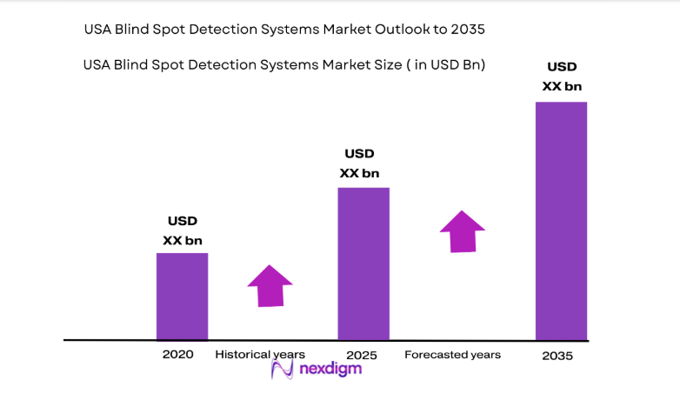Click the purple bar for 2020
(182, 296)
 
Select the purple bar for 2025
(363, 263)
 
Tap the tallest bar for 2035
(561, 221)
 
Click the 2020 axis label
(177, 355)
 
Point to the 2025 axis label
(361, 356)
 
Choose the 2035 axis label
(557, 357)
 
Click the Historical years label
(260, 355)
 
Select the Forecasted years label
(452, 355)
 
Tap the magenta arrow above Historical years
(270, 285)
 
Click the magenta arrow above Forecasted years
(462, 231)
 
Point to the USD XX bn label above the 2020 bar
(183, 230)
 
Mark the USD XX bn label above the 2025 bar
(359, 163)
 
